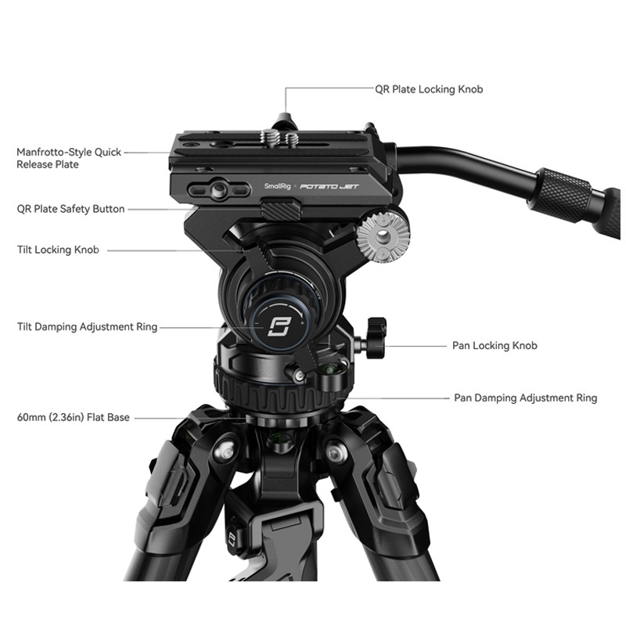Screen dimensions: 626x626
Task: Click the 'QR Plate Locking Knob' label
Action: point(429,89)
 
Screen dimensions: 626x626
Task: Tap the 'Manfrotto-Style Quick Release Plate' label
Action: point(69,158)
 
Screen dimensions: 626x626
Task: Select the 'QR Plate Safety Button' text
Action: point(70,209)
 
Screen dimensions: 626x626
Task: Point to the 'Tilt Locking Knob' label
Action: point(58,250)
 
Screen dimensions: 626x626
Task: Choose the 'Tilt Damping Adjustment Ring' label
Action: point(87,327)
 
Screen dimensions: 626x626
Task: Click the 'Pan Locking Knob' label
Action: point(495,345)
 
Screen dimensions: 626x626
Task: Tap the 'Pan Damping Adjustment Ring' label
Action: point(525,398)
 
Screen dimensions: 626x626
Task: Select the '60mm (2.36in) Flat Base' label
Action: point(73,418)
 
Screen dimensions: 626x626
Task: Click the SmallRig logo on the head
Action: point(278,186)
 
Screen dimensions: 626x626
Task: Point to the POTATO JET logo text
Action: point(329,186)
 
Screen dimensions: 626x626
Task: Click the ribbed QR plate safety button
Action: point(281,209)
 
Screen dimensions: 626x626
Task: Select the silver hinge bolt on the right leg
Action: point(333,453)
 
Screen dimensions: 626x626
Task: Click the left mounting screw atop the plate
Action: point(268,137)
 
